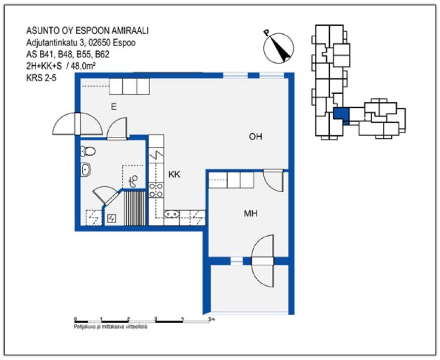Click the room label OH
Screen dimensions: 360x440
pos(256,137)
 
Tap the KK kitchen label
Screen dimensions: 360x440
pos(174,175)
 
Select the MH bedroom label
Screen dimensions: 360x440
pos(251,213)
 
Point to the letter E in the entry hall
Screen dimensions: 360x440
pos(113,107)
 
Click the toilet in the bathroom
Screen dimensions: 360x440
pos(87,151)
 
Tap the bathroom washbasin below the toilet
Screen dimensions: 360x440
pos(86,169)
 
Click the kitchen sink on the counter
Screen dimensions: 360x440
pos(171,213)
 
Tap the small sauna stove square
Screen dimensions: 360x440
pos(112,219)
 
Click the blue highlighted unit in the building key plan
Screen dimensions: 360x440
pos(342,114)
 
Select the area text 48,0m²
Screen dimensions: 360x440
pos(84,65)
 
